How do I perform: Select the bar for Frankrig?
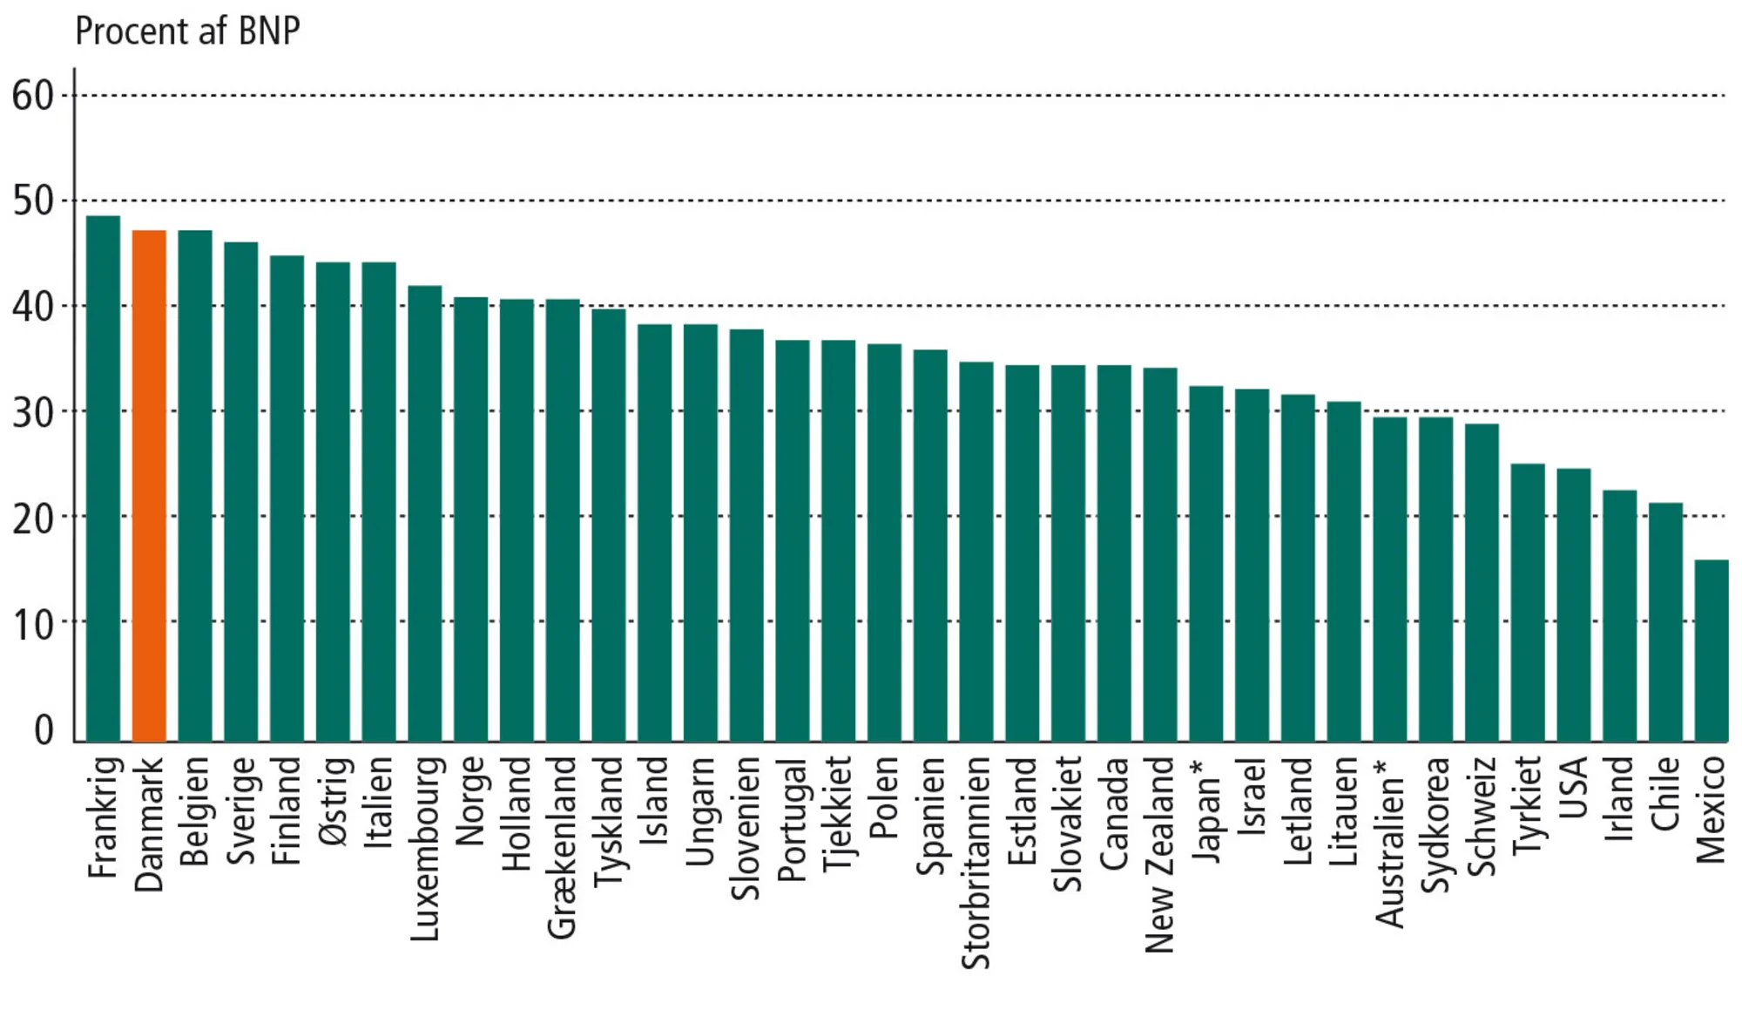(x=103, y=478)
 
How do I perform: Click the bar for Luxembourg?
(x=424, y=513)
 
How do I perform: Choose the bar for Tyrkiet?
(x=1527, y=602)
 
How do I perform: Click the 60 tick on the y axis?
(x=33, y=96)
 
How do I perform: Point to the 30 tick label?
(x=33, y=412)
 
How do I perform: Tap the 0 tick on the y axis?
(x=44, y=729)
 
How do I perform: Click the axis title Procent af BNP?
(x=187, y=31)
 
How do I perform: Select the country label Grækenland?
(x=562, y=847)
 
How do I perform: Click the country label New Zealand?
(x=1159, y=854)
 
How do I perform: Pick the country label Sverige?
(x=240, y=810)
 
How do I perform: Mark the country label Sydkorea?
(x=1435, y=824)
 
